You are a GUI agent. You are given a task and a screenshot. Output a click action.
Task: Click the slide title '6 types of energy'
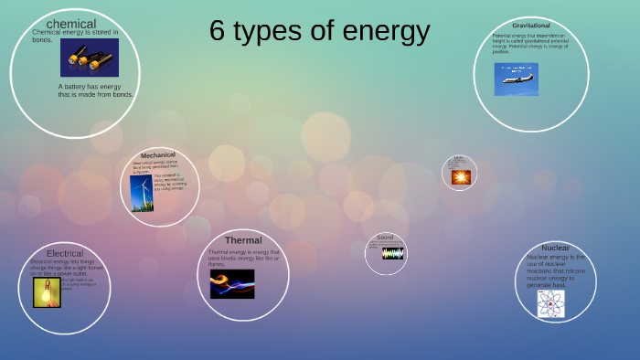(x=319, y=31)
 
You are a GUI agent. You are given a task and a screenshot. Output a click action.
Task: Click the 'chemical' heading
(x=70, y=23)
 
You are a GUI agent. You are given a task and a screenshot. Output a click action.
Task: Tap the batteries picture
(x=90, y=58)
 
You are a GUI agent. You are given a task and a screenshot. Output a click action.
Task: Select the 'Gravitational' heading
(x=531, y=25)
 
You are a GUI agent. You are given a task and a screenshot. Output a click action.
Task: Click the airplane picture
(x=517, y=79)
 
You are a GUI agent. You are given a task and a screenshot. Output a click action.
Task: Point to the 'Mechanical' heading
(x=158, y=155)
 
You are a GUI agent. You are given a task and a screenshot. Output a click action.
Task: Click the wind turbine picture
(x=142, y=194)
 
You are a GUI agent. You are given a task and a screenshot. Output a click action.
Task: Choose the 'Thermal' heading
(x=243, y=240)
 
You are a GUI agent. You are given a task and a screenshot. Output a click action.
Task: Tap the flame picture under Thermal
(x=232, y=284)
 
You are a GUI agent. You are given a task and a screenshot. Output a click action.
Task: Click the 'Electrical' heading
(x=65, y=253)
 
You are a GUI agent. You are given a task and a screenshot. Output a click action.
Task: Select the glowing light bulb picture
(x=47, y=292)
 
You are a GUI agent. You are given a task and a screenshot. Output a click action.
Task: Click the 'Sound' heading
(x=385, y=238)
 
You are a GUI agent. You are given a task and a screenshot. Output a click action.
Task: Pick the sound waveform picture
(x=392, y=254)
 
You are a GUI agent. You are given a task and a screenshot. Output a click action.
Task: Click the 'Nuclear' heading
(x=555, y=248)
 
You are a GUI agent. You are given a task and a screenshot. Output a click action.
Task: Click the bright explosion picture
(x=460, y=177)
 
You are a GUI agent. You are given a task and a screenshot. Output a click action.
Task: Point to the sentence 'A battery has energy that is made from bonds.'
(x=95, y=90)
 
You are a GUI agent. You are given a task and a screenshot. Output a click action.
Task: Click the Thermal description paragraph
(x=244, y=258)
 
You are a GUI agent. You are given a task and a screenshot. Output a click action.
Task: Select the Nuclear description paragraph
(x=555, y=270)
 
